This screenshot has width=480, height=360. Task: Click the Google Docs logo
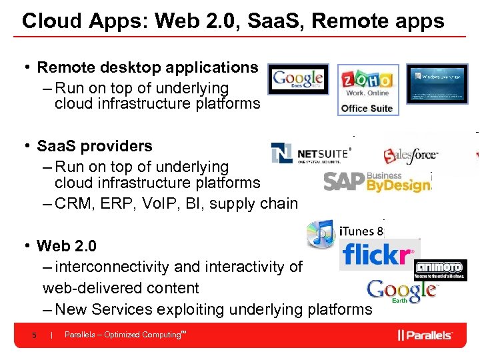click(x=298, y=79)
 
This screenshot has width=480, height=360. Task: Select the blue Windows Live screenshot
click(x=437, y=83)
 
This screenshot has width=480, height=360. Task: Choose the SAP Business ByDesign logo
click(x=377, y=181)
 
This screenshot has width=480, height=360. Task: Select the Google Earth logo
click(x=403, y=291)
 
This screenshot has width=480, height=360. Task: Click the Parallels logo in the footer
click(x=425, y=335)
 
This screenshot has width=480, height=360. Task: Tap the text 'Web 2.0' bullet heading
click(x=67, y=246)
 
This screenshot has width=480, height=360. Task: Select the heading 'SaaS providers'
click(x=95, y=146)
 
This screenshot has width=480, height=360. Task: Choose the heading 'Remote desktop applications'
click(x=147, y=67)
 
